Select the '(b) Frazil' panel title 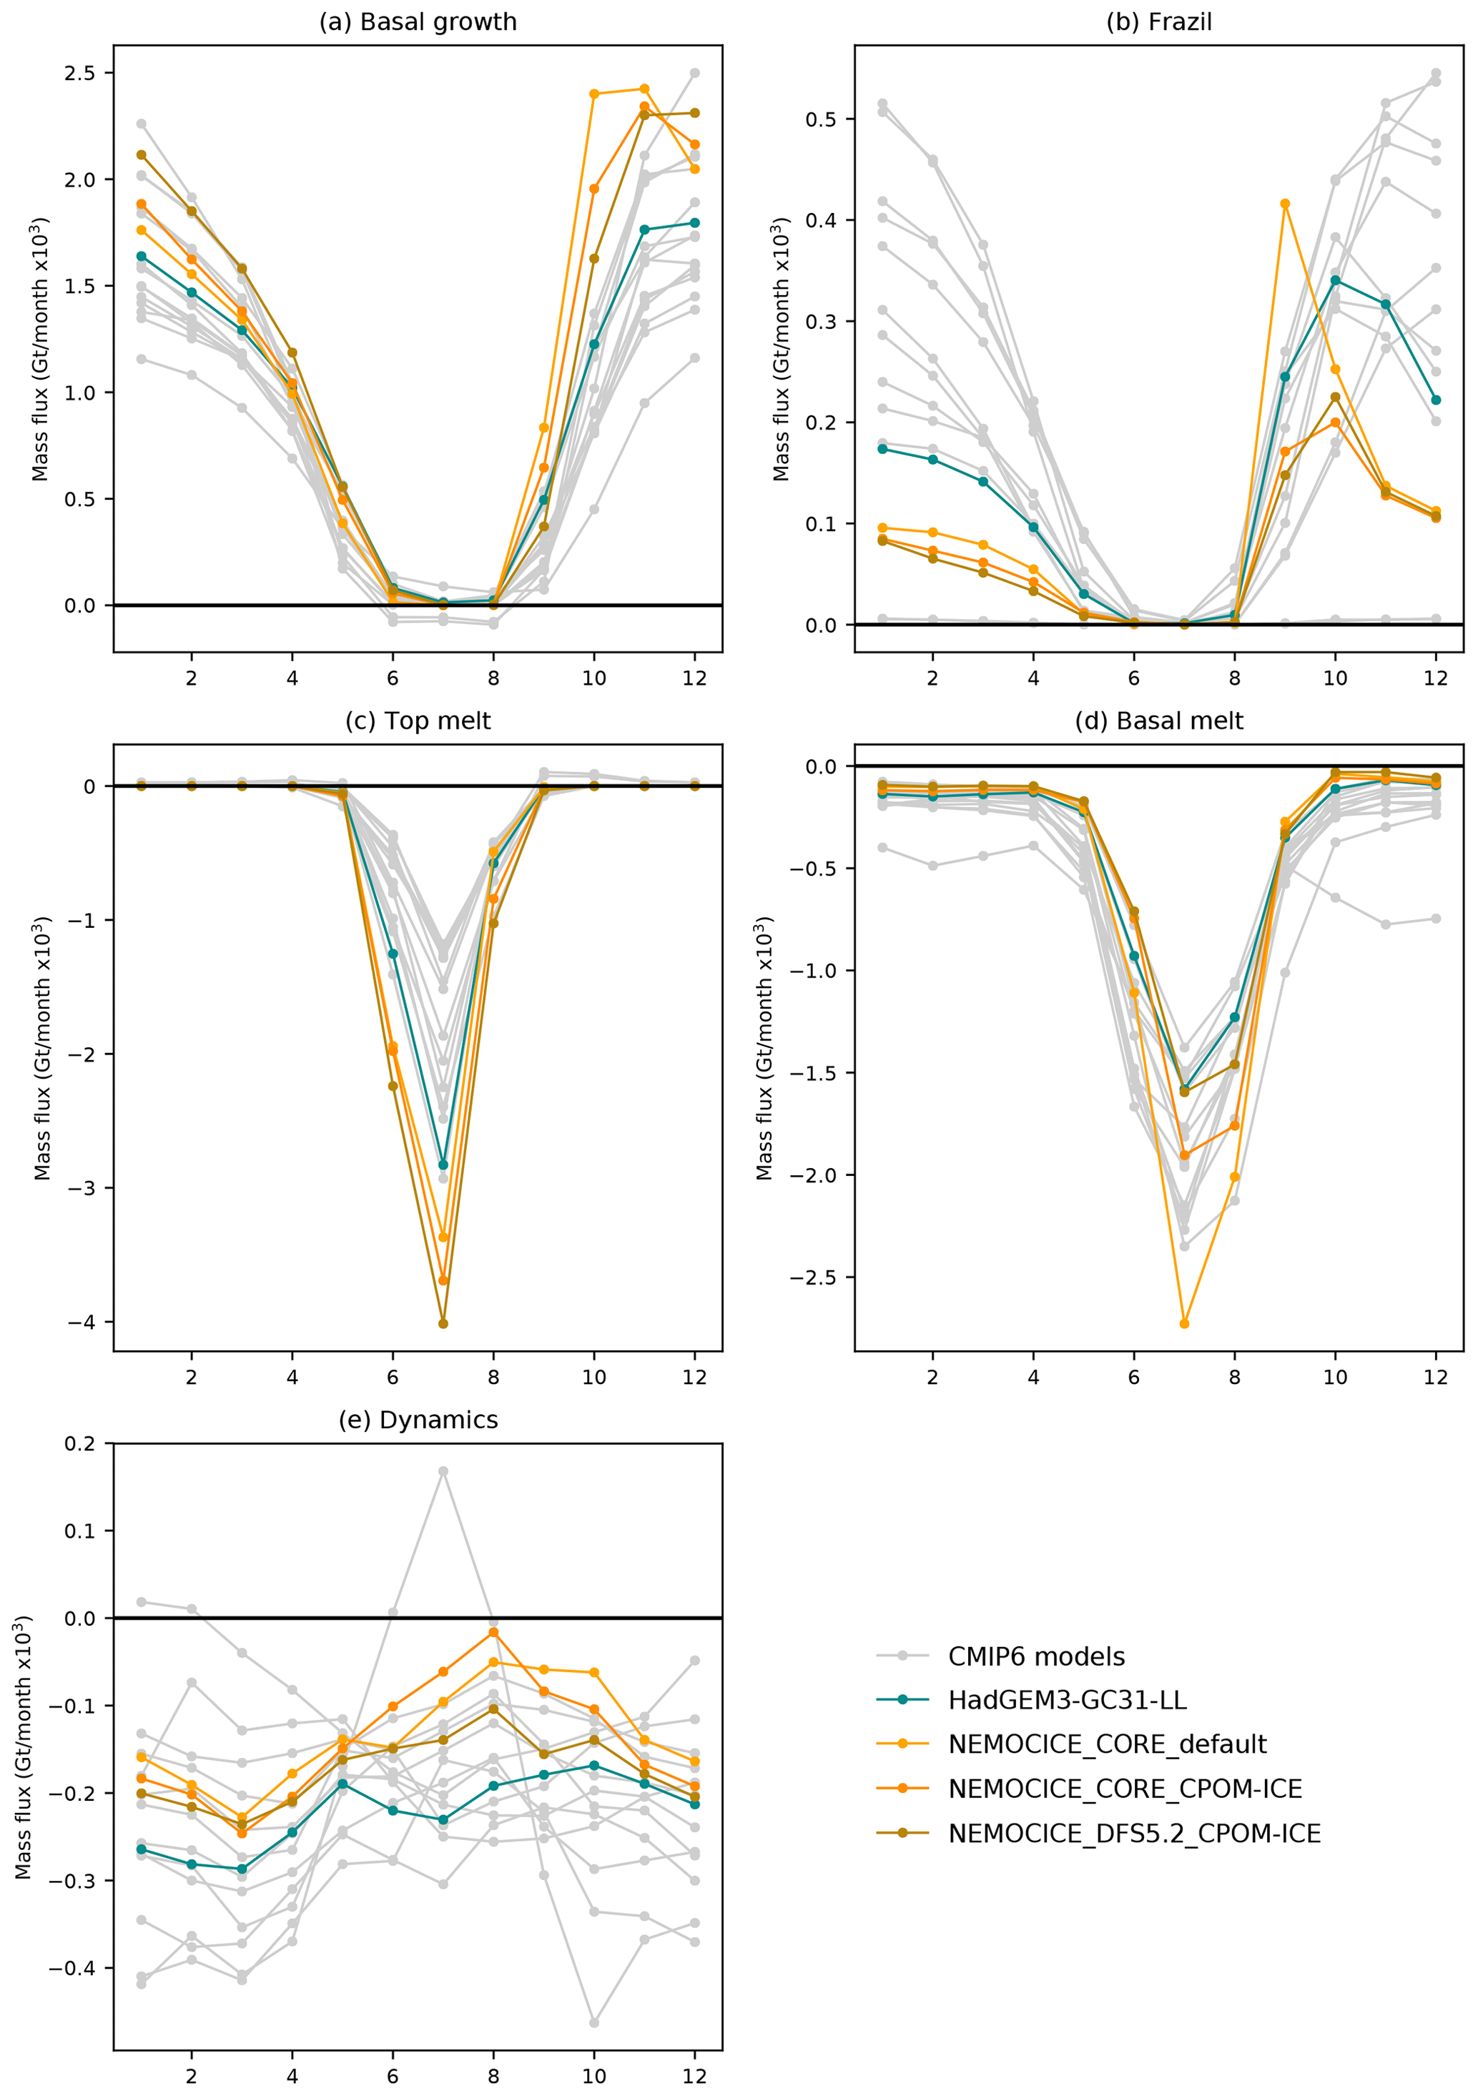coord(1158,22)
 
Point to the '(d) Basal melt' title coord(1158,721)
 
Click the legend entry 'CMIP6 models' coord(1036,1657)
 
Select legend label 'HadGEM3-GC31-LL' coord(1067,1701)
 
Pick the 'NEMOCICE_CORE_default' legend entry coord(1106,1744)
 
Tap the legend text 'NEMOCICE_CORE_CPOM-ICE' coord(1125,1789)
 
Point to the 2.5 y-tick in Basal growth coord(79,73)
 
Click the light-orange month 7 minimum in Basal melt coord(1185,1323)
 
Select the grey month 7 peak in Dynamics coord(443,1472)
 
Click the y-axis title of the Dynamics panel coord(24,1748)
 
